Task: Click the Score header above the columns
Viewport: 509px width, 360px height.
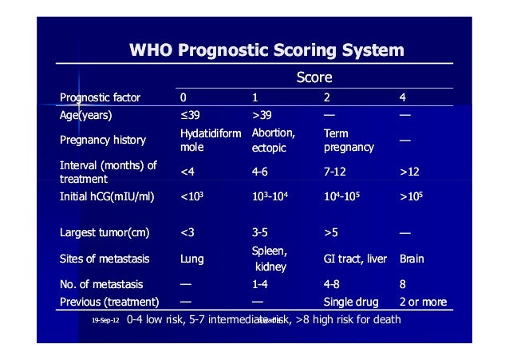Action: pos(314,78)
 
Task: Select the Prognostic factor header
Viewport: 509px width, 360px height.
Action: pos(100,98)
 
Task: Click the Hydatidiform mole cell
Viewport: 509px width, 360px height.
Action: pos(210,140)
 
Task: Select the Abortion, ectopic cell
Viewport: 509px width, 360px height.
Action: pos(274,140)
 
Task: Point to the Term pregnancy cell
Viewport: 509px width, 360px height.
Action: pos(349,140)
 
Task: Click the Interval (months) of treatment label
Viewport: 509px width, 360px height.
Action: pos(109,172)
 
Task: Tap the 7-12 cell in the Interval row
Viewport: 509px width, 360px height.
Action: pos(336,171)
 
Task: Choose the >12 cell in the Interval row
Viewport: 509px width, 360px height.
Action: pos(410,171)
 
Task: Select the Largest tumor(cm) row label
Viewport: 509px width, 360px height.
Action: pos(105,233)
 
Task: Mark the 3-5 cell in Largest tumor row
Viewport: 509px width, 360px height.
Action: pos(260,233)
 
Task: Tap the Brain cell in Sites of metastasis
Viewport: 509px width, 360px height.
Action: pos(412,259)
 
